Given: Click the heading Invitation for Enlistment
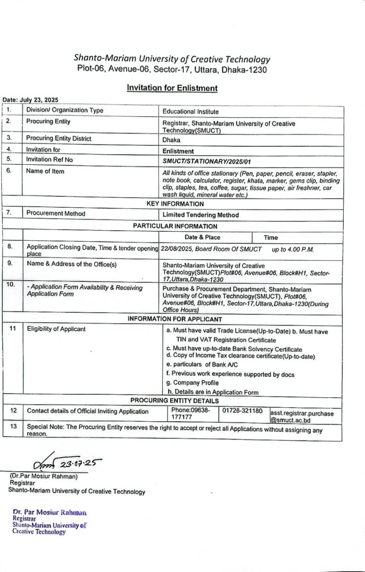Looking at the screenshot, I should (171, 88).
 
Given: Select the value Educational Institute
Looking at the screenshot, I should (190, 112).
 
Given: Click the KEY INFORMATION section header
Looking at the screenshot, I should (175, 204).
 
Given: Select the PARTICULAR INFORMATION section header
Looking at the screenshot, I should (175, 226).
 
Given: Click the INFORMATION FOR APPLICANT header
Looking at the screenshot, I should (175, 318).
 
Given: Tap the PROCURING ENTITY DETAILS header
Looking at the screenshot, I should (174, 401).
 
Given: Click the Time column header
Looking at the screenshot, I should (271, 237).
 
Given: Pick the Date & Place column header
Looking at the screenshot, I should (202, 237).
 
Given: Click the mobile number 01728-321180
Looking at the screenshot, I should (242, 411).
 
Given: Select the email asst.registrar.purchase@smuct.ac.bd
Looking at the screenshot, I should (301, 417).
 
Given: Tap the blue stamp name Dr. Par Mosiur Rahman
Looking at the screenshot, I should (50, 512).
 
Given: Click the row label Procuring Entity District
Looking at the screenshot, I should (59, 138).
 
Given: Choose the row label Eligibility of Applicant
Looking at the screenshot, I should (56, 328).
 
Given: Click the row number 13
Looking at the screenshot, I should (13, 426).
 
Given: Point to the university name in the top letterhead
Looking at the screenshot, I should (172, 59).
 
